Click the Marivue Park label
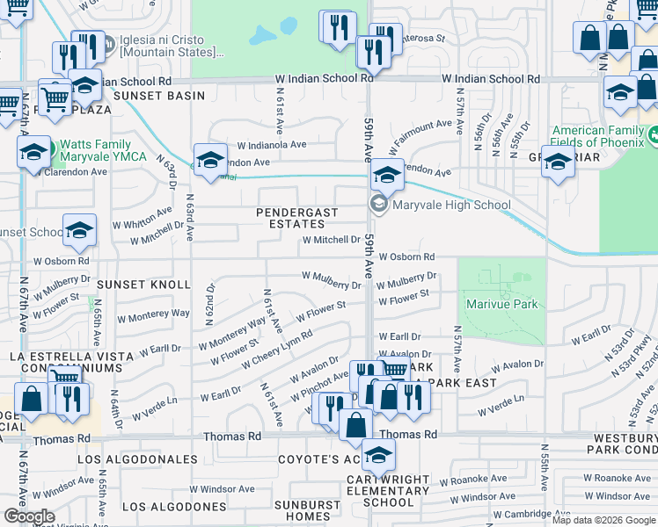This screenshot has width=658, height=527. point(501,305)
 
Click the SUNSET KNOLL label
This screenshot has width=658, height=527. point(143,285)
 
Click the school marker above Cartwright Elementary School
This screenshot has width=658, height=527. point(379,454)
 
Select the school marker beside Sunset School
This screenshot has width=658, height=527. point(79,230)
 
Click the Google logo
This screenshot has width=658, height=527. point(29,516)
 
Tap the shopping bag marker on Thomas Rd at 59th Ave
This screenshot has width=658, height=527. point(355,425)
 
